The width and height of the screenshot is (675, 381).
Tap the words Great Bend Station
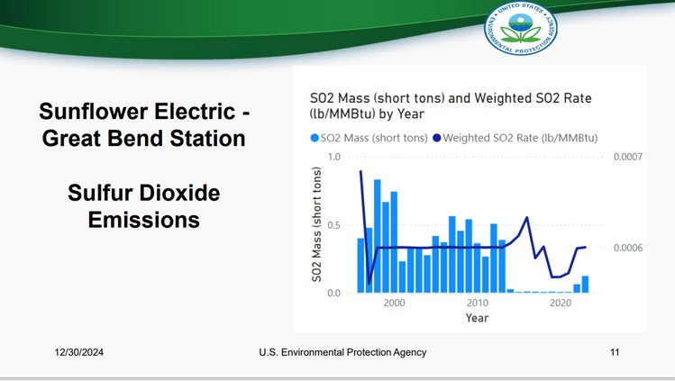tap(141, 140)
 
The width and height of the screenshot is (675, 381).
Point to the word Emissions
tap(142, 219)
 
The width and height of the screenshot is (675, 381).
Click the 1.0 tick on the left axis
tap(334, 157)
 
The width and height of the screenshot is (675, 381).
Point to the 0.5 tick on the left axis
tap(334, 225)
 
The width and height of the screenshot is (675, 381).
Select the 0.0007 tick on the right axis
tap(627, 158)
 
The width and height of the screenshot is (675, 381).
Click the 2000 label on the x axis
tap(394, 304)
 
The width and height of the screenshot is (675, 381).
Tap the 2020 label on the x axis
tap(561, 304)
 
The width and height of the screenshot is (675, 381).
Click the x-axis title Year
tap(478, 318)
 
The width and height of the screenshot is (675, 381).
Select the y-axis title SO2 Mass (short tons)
tap(318, 225)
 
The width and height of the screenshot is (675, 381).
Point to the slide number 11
tap(615, 352)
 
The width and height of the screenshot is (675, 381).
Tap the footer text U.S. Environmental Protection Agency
tap(336, 352)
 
